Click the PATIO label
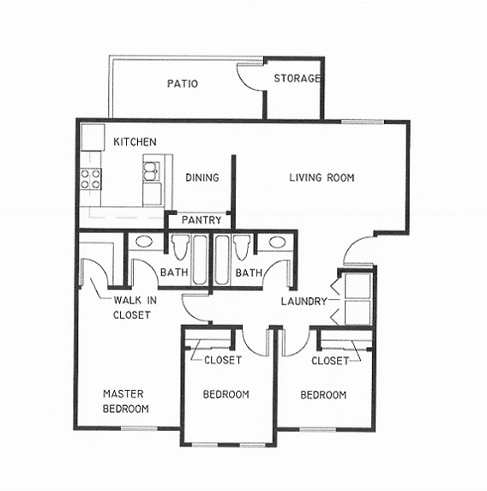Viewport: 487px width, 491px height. click(x=183, y=84)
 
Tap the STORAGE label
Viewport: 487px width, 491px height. click(x=297, y=79)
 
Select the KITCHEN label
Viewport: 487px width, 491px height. click(x=135, y=141)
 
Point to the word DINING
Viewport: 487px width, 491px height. click(x=202, y=178)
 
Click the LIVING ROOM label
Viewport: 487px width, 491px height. click(x=322, y=178)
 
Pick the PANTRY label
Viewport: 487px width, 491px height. click(x=201, y=220)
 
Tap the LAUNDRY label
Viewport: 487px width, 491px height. click(x=304, y=302)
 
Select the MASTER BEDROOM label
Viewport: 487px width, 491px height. click(x=125, y=401)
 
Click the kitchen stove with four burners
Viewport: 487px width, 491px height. click(x=91, y=179)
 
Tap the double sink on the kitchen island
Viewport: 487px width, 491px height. click(x=153, y=171)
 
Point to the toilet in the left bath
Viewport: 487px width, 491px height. click(x=180, y=248)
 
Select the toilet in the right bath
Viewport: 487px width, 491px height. click(x=241, y=248)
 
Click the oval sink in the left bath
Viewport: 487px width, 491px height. click(x=145, y=243)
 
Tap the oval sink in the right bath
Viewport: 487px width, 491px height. click(x=277, y=243)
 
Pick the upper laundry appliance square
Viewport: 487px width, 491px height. click(x=357, y=285)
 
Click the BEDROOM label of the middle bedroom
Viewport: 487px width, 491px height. click(x=225, y=395)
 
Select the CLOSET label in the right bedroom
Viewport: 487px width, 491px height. click(x=330, y=362)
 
